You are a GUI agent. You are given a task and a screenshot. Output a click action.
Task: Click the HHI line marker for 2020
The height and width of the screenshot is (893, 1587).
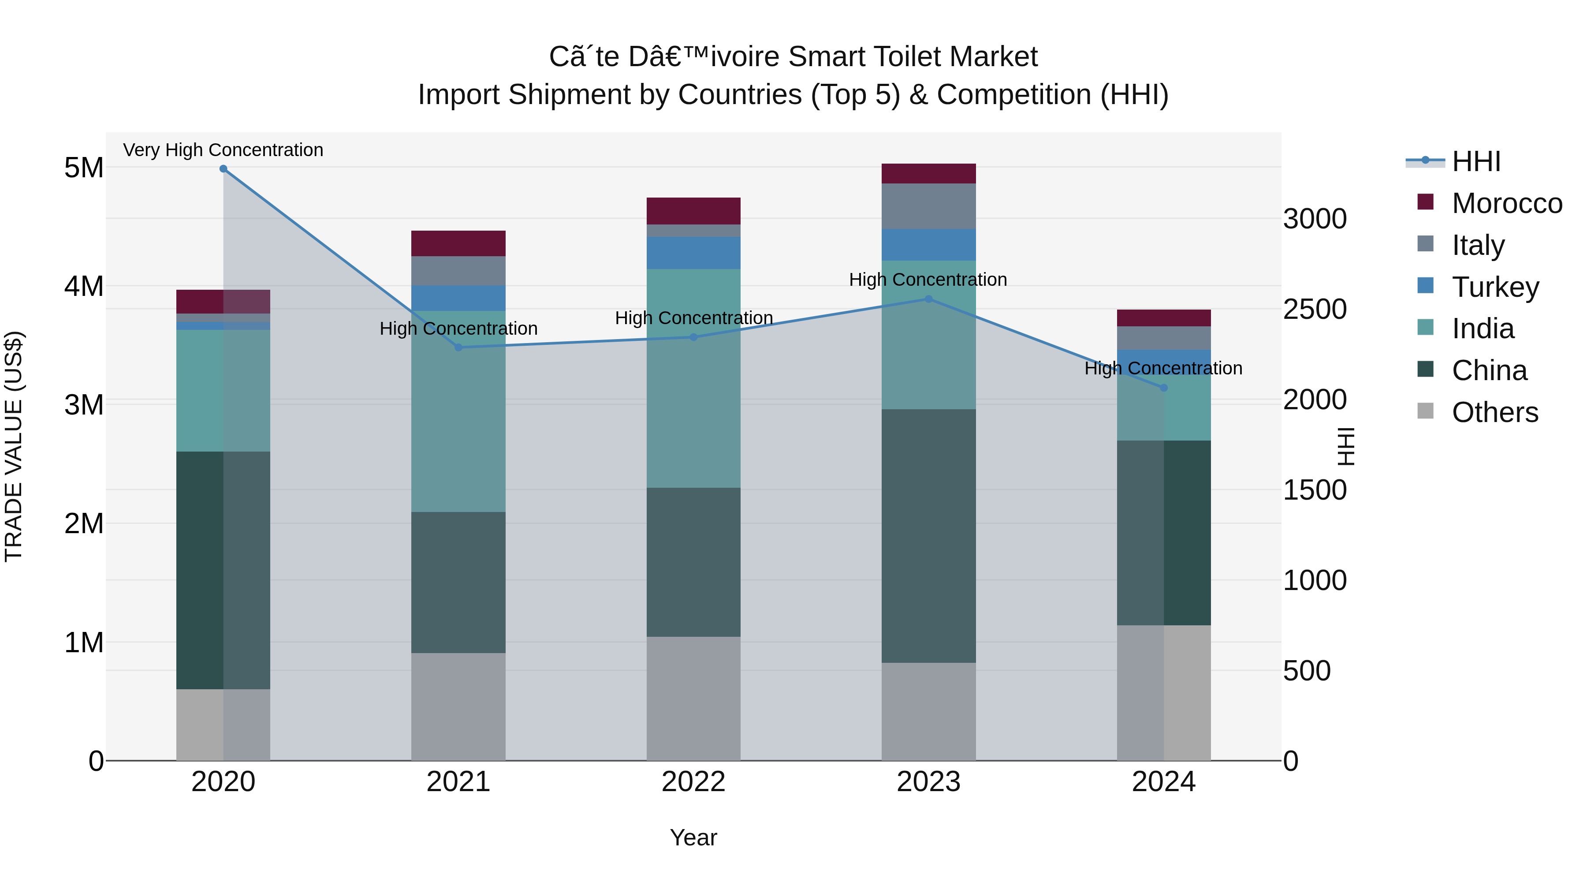tap(223, 169)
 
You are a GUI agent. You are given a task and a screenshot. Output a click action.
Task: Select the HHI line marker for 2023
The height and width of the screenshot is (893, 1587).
tap(928, 299)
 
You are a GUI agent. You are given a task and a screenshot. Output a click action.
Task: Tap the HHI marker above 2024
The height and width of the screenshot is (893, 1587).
tap(1164, 388)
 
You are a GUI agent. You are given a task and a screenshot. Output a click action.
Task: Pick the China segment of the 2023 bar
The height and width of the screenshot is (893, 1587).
tap(928, 536)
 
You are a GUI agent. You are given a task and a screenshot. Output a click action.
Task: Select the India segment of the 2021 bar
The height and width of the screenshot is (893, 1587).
tap(458, 412)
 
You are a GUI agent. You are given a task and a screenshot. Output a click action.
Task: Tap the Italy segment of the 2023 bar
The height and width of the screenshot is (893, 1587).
tap(928, 206)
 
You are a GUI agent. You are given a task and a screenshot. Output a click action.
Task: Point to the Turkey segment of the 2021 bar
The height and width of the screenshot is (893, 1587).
tap(458, 298)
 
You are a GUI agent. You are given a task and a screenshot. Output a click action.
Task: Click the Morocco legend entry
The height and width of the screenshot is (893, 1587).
tap(1506, 203)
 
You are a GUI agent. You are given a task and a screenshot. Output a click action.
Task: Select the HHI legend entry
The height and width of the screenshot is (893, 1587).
tap(1475, 161)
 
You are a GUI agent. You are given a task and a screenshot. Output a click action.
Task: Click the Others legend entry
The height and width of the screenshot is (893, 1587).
tap(1494, 412)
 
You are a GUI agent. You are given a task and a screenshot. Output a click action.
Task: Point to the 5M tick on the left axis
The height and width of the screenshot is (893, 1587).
tap(84, 168)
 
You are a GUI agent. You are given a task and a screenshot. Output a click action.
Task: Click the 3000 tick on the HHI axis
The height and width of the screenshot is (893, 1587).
tap(1315, 220)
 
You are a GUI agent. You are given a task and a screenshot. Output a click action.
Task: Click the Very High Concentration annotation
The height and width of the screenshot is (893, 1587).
tap(223, 150)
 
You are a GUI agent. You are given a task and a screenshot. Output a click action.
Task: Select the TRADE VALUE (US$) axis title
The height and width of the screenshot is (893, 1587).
tap(14, 446)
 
